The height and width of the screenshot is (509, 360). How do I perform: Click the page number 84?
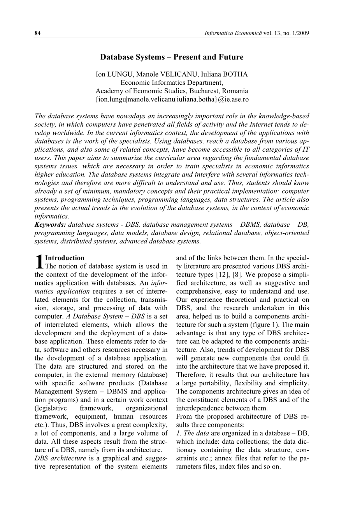(37, 33)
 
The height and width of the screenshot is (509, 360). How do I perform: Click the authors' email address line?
(172, 100)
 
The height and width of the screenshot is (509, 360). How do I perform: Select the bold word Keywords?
(50, 225)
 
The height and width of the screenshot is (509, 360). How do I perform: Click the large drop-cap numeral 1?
(39, 262)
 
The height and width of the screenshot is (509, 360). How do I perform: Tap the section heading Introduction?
(65, 258)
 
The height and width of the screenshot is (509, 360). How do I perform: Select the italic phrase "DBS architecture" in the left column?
(58, 458)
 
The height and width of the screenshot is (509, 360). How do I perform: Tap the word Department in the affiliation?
(205, 82)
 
